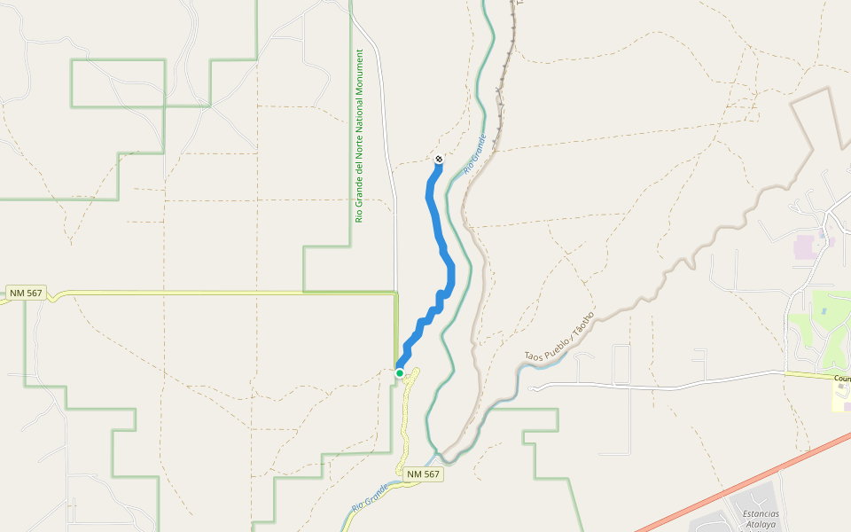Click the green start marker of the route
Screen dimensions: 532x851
(400, 373)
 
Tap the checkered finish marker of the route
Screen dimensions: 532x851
(439, 160)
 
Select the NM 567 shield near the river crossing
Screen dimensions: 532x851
(423, 475)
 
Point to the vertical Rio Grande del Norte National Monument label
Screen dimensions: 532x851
(359, 136)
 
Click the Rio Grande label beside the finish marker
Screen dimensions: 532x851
(475, 153)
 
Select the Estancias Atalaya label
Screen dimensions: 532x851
(761, 519)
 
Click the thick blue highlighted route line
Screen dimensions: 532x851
(437, 222)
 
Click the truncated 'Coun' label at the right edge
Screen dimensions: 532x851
(841, 379)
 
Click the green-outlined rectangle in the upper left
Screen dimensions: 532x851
(118, 83)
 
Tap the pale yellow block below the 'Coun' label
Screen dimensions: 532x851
(841, 398)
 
